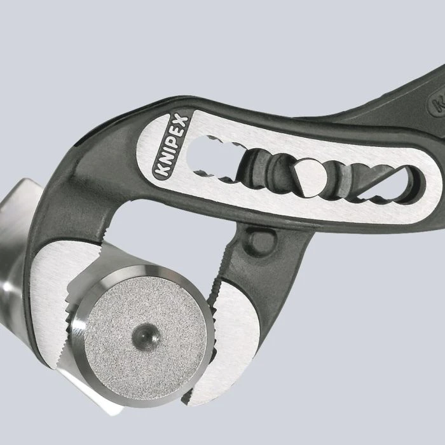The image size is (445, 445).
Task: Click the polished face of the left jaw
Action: coord(54,299)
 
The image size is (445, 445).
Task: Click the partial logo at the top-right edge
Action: coord(437,102)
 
